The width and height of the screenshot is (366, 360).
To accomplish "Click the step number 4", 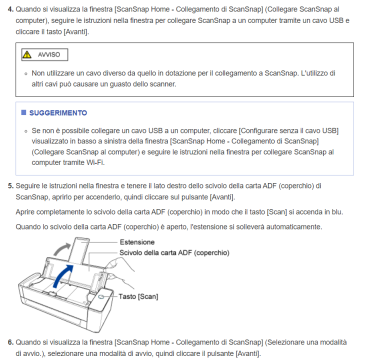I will (x=9, y=9).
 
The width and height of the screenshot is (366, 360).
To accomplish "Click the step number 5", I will (x=9, y=186).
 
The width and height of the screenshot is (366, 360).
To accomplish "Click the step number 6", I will (x=9, y=342).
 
